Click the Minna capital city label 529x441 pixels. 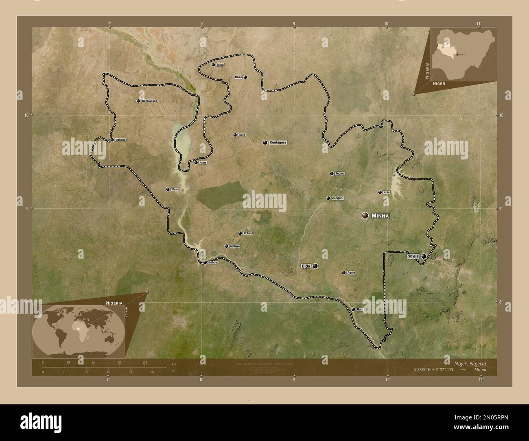point(380,216)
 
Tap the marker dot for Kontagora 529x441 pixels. point(265,143)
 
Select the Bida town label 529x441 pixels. point(306,266)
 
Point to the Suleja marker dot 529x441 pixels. point(424,256)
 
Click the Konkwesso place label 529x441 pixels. point(149,101)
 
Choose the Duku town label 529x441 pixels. point(220,65)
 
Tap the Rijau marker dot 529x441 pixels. point(245,77)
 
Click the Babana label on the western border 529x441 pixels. point(120,140)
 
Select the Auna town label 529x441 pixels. point(203,163)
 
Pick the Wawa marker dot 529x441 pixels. point(168,189)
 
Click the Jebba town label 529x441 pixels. point(213,263)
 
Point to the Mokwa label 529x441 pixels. point(235,246)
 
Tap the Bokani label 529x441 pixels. point(248,233)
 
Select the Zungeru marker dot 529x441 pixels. point(328,199)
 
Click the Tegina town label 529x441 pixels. point(340,174)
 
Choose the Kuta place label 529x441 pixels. point(387,192)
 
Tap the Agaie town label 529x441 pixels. point(351,273)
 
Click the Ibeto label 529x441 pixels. point(242,135)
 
